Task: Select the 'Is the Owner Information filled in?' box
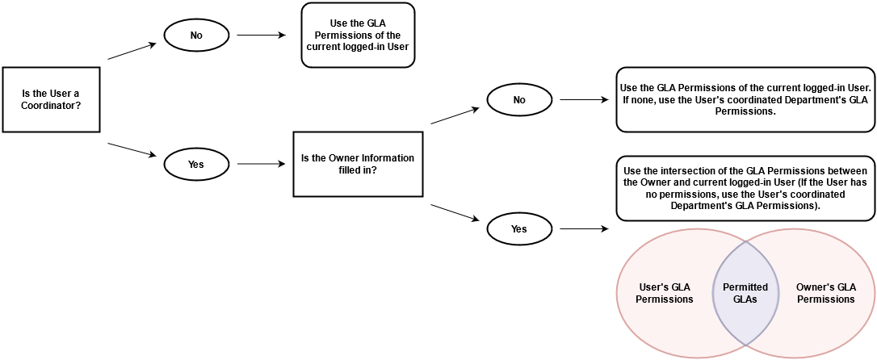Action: [357, 165]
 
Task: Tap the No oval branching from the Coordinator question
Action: [196, 36]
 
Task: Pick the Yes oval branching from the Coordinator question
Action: [196, 165]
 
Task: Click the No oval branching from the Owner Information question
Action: [519, 100]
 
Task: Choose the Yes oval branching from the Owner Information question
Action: [519, 229]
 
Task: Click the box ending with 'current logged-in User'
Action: [357, 36]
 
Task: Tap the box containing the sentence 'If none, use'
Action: [745, 99]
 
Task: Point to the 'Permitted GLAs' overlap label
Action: [745, 293]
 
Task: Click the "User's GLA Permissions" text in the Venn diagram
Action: [665, 293]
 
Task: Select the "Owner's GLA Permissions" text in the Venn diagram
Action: [825, 293]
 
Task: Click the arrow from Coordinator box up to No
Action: [132, 51]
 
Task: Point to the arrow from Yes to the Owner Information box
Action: [261, 165]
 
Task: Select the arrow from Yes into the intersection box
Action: [584, 229]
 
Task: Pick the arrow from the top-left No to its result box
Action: [261, 36]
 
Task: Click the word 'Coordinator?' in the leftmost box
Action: [50, 106]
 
